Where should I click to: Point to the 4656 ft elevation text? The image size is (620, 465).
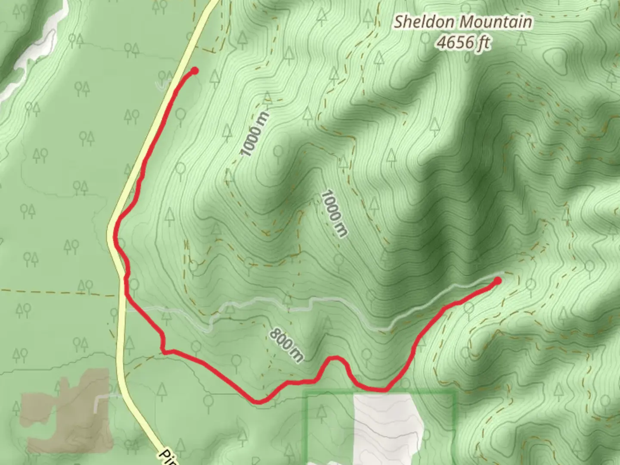(x=463, y=42)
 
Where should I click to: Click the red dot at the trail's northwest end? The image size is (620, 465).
(x=194, y=71)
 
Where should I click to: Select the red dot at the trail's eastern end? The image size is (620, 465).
(x=498, y=281)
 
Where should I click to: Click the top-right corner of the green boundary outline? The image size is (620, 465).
(x=455, y=392)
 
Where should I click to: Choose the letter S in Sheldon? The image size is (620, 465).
(x=399, y=22)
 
